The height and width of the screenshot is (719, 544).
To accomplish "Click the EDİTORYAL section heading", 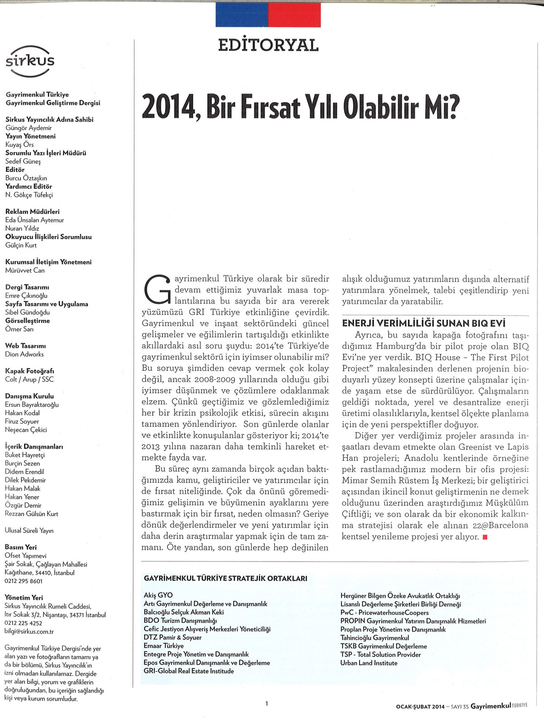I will (268, 45).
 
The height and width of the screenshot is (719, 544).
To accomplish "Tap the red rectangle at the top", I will (294, 15).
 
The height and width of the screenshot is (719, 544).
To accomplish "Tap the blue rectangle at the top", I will (242, 15).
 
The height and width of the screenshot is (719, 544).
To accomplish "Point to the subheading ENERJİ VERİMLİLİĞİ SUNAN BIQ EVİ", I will (424, 323).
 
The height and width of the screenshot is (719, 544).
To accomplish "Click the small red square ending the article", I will (485, 537).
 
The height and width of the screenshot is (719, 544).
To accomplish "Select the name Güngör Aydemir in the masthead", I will (29, 128).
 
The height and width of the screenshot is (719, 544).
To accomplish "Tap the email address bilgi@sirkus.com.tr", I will (29, 631).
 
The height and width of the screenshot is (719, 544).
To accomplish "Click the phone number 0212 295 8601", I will (24, 581).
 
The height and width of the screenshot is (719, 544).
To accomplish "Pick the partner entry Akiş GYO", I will (158, 595).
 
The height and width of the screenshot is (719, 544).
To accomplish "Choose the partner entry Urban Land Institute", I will (369, 663).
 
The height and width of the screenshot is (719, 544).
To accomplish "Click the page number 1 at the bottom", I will (267, 704).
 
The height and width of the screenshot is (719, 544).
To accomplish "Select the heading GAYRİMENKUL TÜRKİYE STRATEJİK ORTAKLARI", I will (225, 578).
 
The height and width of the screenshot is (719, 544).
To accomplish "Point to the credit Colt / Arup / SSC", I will (29, 379).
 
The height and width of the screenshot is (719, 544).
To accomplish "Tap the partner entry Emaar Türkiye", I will (164, 646).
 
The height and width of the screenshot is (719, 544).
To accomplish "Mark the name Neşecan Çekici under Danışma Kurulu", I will (26, 430).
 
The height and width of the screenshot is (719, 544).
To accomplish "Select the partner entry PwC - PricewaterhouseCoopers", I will (384, 612).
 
